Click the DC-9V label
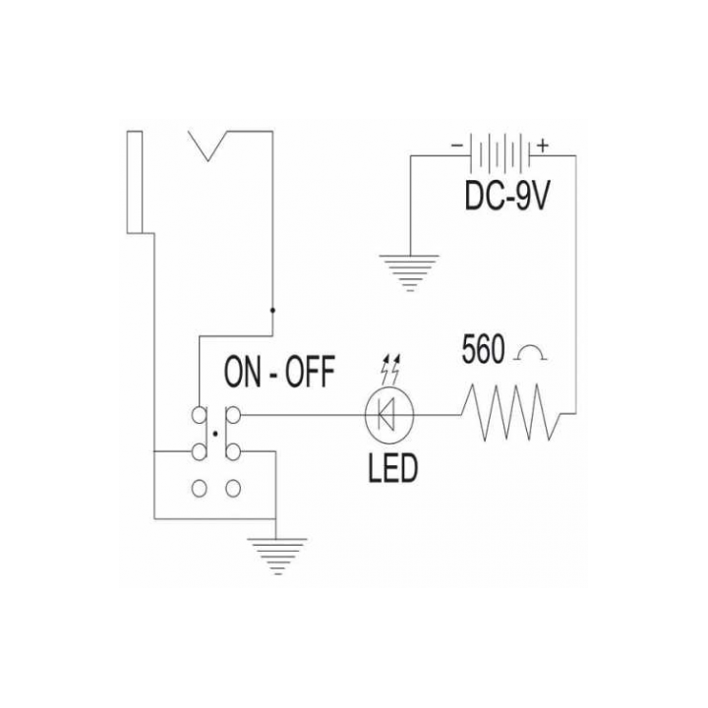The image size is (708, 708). coord(507,197)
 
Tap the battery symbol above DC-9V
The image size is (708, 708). coord(501,153)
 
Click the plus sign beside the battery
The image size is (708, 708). coord(542,146)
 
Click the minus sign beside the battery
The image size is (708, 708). coord(457,146)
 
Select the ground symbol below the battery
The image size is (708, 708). coord(409,272)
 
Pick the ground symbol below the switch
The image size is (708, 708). coord(277,556)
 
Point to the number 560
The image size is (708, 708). coord(483,349)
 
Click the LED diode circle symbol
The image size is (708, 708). coord(388,415)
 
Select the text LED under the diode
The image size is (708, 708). coord(392,468)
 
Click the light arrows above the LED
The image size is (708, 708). coord(390,369)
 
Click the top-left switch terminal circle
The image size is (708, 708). coord(199,415)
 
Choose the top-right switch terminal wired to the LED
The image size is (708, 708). coord(233,415)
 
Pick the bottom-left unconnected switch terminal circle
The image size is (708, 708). coord(199,488)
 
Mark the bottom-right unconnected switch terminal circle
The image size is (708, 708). coord(233,488)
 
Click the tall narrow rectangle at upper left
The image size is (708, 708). coord(135,182)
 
